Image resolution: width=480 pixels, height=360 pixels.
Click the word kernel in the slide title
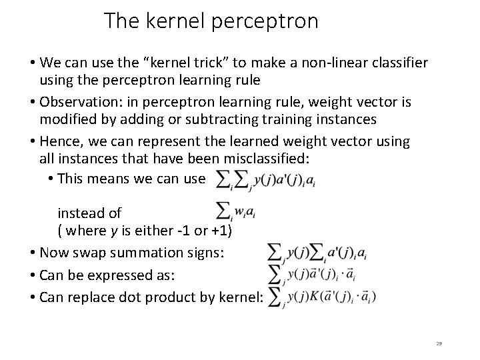click(173, 21)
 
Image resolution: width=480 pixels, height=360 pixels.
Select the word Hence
click(59, 141)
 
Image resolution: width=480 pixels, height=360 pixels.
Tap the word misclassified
click(259, 159)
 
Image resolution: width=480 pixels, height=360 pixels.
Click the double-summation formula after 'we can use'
click(264, 178)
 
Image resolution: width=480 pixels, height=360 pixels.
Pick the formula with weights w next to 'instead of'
click(237, 212)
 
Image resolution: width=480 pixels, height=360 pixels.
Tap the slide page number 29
click(439, 343)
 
